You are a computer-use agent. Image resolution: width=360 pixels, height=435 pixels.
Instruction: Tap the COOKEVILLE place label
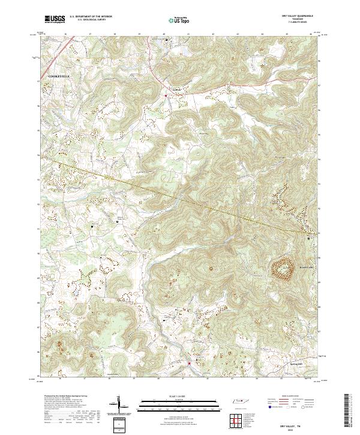[x=60, y=77]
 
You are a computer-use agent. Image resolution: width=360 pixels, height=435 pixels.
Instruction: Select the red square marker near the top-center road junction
[x=165, y=95]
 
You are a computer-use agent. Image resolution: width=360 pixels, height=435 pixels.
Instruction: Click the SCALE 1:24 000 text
[x=180, y=396]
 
